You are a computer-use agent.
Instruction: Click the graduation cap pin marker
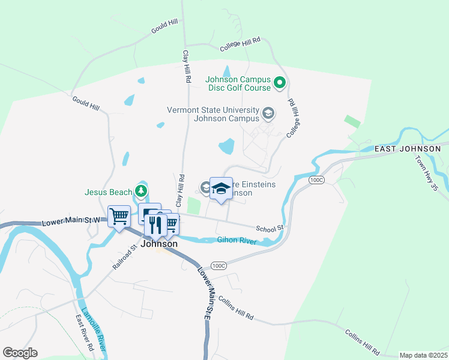pyautogui.click(x=221, y=188)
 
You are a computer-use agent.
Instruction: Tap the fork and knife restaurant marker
pyautogui.click(x=155, y=224)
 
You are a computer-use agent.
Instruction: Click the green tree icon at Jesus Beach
pyautogui.click(x=141, y=191)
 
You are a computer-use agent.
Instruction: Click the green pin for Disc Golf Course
pyautogui.click(x=279, y=83)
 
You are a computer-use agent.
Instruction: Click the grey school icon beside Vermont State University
pyautogui.click(x=268, y=112)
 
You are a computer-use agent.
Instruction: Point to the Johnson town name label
pyautogui.click(x=159, y=244)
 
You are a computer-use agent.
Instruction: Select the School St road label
pyautogui.click(x=269, y=229)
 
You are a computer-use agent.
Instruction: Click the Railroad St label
pyautogui.click(x=125, y=256)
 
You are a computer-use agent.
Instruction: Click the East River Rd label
pyautogui.click(x=84, y=333)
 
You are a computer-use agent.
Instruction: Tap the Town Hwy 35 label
pyautogui.click(x=426, y=173)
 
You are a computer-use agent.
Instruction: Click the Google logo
pyautogui.click(x=20, y=353)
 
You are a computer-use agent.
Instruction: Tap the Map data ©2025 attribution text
pyautogui.click(x=423, y=355)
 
